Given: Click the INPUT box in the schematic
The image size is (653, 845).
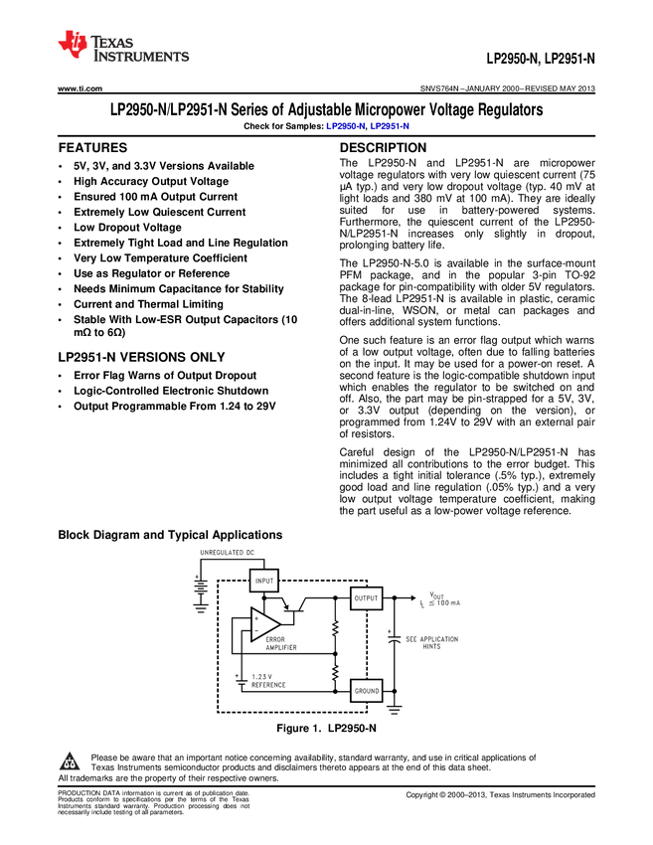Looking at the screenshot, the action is coord(264,580).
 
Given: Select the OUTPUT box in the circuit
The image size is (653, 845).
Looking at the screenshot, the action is coord(366,598).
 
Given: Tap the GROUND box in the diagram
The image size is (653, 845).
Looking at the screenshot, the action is coord(366,690).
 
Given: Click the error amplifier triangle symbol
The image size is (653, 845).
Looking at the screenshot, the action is coord(263,623).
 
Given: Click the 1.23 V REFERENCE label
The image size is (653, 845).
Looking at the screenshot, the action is coord(268,681).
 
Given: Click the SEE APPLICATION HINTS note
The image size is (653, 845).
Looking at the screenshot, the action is coord(432,642).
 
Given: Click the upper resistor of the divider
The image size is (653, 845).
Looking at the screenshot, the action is coord(336,628).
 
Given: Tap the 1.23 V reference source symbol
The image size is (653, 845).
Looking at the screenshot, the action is coord(239,683).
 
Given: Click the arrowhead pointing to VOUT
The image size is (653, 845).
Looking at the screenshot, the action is coord(412,598).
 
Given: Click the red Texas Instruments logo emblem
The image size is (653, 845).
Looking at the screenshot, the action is coord(72,45).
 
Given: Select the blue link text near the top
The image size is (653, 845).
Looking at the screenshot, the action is coord(367,127).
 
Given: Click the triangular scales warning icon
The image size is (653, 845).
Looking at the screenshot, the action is coord(70,763).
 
